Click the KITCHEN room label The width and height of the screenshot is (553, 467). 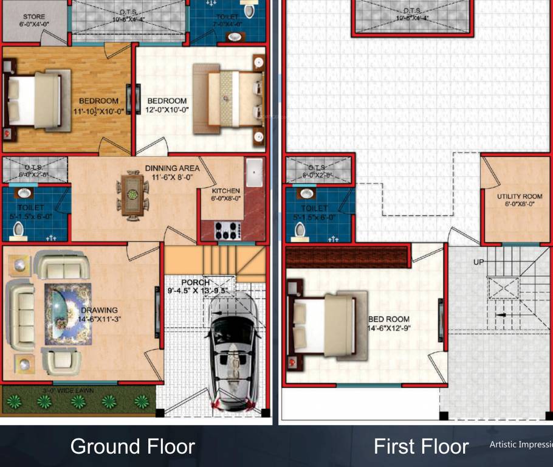point(226,191)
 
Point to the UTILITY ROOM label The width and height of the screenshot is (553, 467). point(520,196)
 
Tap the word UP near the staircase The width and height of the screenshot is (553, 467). point(479,262)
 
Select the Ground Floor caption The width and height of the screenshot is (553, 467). point(132,446)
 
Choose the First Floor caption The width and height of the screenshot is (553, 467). point(421,446)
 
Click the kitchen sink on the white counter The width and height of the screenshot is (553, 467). point(254,173)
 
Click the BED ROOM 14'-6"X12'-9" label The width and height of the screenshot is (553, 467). point(389,323)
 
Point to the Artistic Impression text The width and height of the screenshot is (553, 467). point(521,445)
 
